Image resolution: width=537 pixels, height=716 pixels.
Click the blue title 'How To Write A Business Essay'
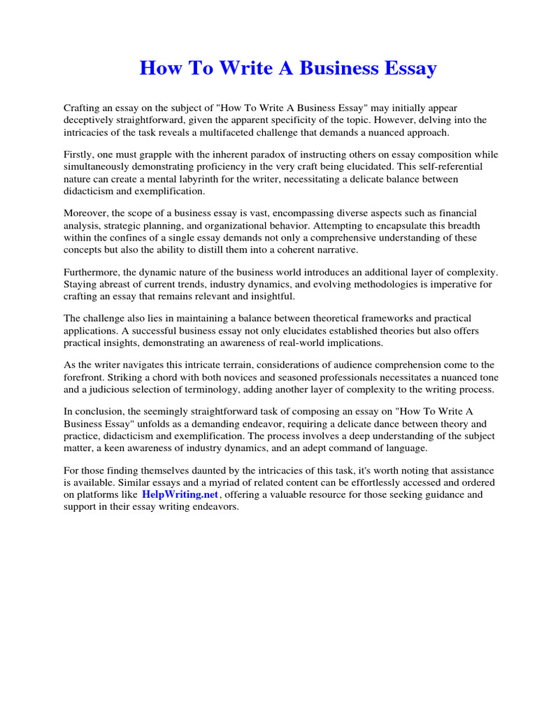point(288,69)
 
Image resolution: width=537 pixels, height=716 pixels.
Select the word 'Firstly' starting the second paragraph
point(78,155)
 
